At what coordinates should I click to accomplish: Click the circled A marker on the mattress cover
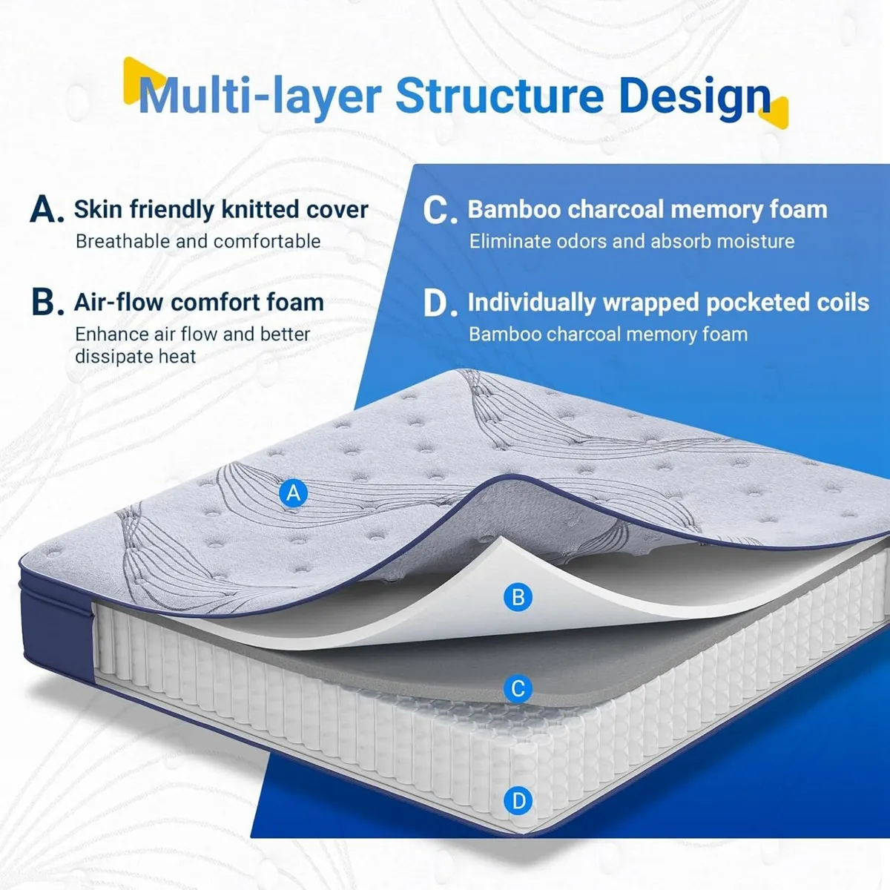pos(294,492)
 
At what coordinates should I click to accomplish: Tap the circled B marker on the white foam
pos(518,597)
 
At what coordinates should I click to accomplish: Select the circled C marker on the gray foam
pos(518,688)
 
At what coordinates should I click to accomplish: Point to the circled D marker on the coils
pos(518,801)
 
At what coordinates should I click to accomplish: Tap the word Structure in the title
pos(499,96)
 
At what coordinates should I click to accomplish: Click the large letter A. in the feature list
pos(47,210)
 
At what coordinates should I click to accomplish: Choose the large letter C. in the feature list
pos(440,211)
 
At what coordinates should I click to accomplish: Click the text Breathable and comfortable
pos(198,241)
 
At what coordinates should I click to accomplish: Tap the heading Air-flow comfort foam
pos(199,303)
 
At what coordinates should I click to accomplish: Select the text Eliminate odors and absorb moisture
pos(631,241)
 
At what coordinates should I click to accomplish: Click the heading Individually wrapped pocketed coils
pos(667,303)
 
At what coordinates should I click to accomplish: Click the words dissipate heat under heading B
pos(135,357)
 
